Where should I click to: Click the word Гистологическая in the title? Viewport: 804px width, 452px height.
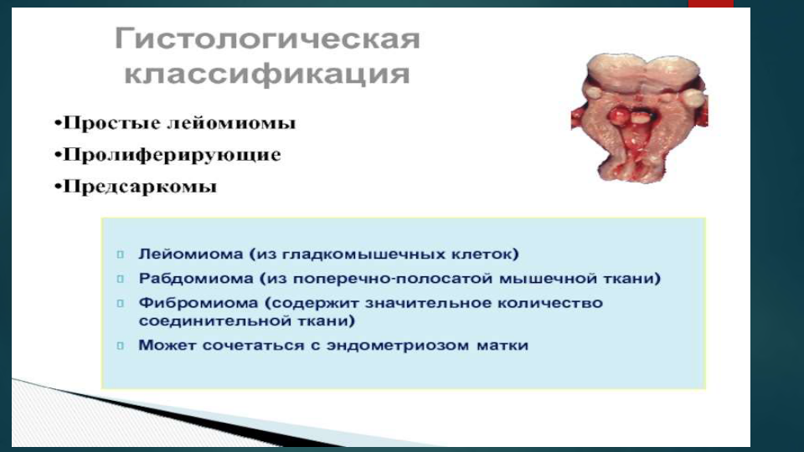click(267, 39)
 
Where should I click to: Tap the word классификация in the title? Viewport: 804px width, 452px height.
click(267, 74)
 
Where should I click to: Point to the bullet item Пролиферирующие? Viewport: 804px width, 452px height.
click(167, 155)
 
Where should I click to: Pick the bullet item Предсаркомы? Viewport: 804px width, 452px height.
click(136, 186)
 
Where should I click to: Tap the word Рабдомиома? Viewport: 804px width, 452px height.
click(196, 278)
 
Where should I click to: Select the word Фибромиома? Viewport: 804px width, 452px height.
click(198, 303)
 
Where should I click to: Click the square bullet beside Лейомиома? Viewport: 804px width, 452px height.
click(121, 254)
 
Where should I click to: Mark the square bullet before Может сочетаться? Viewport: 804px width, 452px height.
click(121, 346)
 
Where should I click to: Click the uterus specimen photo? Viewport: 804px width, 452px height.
click(639, 117)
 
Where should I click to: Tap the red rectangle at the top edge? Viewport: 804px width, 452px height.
click(711, 3)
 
